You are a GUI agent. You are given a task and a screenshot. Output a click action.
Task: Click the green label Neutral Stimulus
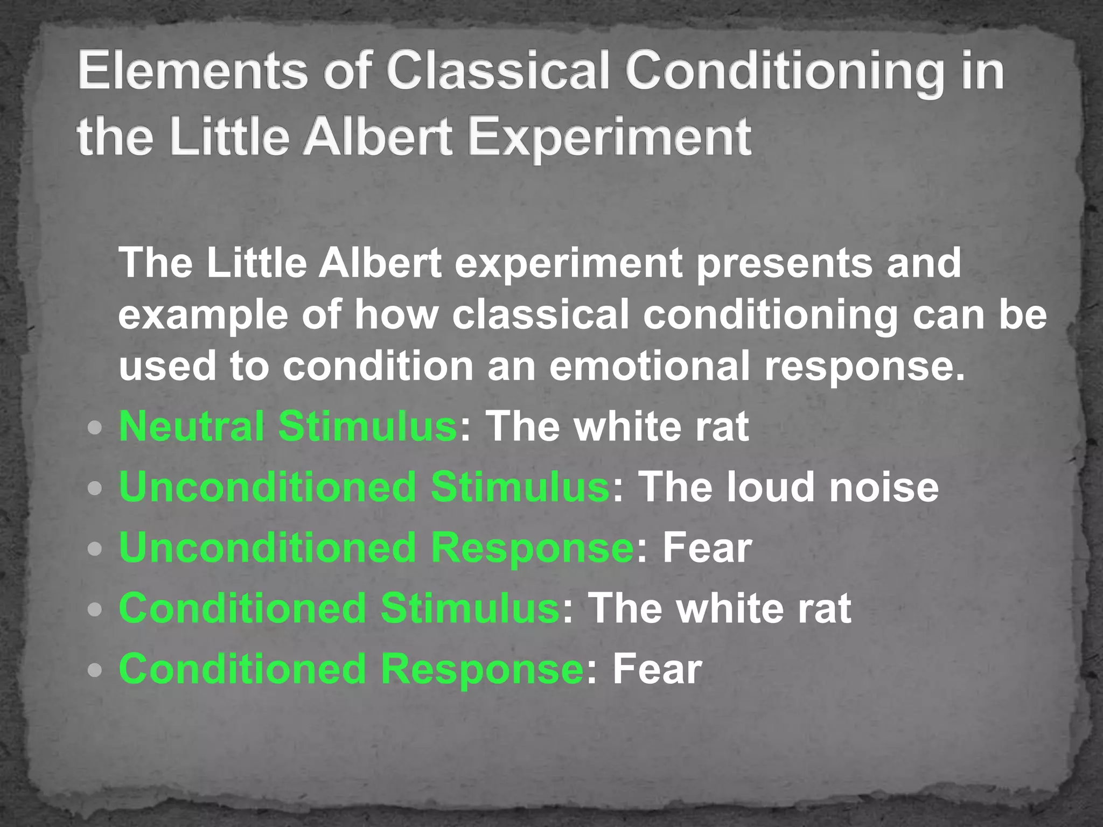click(288, 426)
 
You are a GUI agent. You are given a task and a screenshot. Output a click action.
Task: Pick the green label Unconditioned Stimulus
click(364, 487)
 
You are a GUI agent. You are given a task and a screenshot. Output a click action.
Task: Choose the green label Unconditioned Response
click(376, 548)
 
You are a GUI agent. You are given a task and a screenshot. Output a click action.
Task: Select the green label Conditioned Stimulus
click(339, 608)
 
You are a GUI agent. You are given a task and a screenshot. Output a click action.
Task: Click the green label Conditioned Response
click(352, 669)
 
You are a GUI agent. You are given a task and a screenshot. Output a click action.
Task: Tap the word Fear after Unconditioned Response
click(707, 548)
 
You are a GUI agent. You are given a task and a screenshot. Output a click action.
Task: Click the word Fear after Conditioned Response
click(657, 669)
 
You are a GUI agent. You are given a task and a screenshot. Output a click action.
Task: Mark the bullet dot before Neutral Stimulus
click(95, 429)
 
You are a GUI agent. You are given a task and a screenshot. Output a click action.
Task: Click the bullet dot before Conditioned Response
click(95, 671)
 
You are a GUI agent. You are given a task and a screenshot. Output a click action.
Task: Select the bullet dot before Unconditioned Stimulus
click(95, 489)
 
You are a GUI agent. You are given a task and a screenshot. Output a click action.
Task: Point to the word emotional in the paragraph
click(649, 366)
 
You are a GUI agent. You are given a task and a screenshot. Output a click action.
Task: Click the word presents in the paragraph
click(784, 263)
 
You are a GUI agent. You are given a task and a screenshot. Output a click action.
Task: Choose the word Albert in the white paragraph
click(380, 263)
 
